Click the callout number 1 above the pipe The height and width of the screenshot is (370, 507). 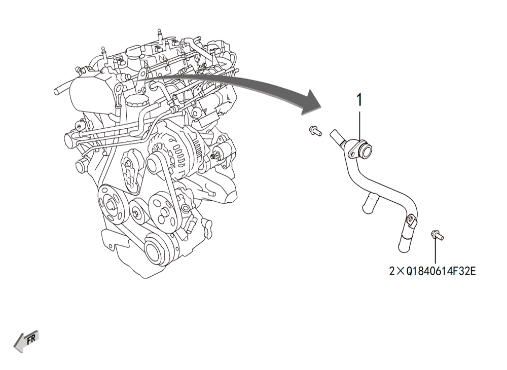[359, 100]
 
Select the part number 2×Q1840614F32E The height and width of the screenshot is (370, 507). [432, 271]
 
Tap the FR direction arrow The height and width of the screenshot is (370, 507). [26, 341]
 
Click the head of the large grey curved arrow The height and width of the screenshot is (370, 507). [311, 103]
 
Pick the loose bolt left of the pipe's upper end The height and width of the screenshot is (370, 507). [315, 131]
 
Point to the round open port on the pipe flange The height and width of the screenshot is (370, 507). [365, 151]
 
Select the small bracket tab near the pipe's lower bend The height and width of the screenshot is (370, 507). [411, 220]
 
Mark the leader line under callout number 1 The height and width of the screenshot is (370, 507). [359, 126]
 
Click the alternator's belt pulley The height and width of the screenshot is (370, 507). [156, 164]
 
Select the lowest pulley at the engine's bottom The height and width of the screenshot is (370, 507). [157, 251]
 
